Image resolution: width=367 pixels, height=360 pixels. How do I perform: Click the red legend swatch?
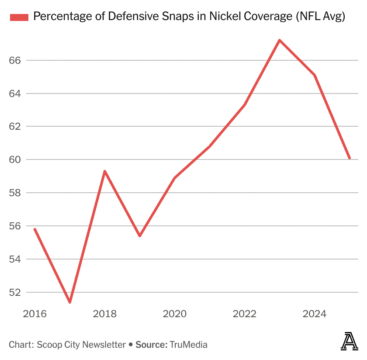[19, 17]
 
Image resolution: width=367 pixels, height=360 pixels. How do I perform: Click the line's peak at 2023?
[280, 40]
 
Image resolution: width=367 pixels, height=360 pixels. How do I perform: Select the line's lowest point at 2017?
[70, 302]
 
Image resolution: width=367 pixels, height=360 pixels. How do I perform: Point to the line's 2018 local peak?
[105, 171]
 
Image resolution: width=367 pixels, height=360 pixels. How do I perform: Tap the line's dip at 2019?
[140, 236]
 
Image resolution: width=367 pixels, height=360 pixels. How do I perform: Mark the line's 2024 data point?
[315, 75]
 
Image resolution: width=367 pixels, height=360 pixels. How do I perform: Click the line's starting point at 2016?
[35, 229]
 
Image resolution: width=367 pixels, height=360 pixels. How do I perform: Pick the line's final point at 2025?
[350, 158]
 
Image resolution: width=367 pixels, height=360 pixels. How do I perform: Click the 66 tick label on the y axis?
[15, 60]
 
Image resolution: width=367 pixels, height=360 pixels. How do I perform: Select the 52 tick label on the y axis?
[15, 292]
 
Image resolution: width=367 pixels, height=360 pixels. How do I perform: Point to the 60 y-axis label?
[15, 159]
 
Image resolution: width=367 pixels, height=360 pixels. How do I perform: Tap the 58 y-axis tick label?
[15, 193]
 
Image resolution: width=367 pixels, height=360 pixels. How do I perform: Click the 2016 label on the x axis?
[35, 314]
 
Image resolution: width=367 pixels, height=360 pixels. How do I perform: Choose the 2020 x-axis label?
[175, 314]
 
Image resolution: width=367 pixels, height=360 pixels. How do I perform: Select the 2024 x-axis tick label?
[315, 314]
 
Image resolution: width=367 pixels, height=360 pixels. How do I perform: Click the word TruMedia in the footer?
[189, 345]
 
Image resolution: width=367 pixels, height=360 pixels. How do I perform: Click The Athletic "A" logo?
[349, 341]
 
